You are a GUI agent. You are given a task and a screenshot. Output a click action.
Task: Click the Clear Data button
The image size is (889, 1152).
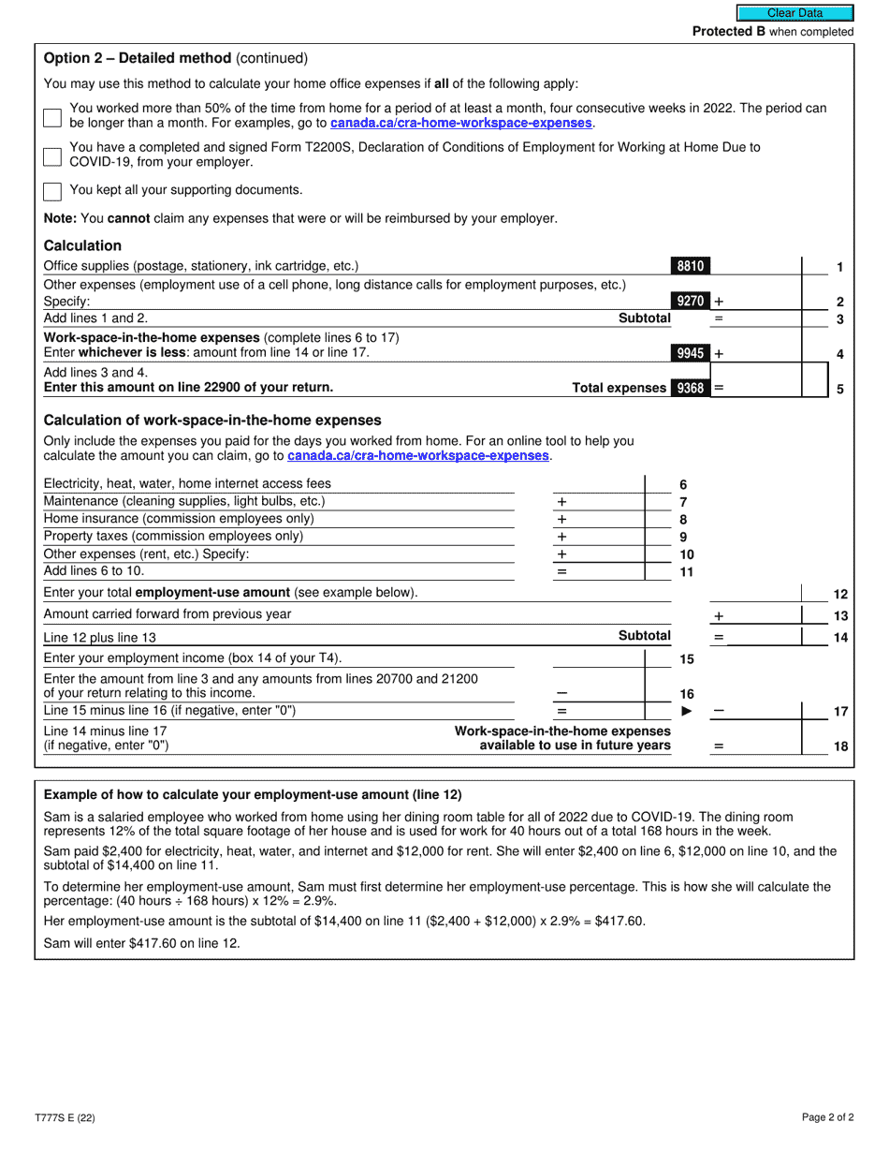[794, 13]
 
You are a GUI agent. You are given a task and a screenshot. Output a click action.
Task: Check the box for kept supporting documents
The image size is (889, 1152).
[52, 191]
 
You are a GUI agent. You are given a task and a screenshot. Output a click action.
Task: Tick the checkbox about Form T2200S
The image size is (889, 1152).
[52, 155]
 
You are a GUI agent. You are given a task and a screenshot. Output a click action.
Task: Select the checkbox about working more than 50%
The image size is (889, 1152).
[52, 117]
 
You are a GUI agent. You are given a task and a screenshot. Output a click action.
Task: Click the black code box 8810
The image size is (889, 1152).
[690, 267]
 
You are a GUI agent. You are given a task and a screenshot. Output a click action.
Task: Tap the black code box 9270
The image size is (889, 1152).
[690, 302]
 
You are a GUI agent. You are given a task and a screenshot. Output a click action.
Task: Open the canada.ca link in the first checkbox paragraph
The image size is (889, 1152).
[461, 124]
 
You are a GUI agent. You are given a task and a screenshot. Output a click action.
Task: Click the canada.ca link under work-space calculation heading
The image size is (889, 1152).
[418, 456]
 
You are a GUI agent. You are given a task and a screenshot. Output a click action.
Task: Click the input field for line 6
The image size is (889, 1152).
[599, 484]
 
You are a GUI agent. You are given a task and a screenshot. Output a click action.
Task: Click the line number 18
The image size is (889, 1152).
[840, 746]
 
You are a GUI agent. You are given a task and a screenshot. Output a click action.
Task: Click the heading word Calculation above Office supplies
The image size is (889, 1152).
[82, 246]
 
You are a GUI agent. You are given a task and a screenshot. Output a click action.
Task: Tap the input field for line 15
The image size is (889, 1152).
[599, 659]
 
